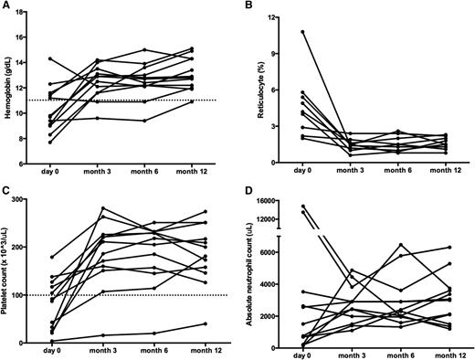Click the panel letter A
tap(6, 7)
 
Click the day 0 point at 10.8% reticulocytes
tap(302, 32)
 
